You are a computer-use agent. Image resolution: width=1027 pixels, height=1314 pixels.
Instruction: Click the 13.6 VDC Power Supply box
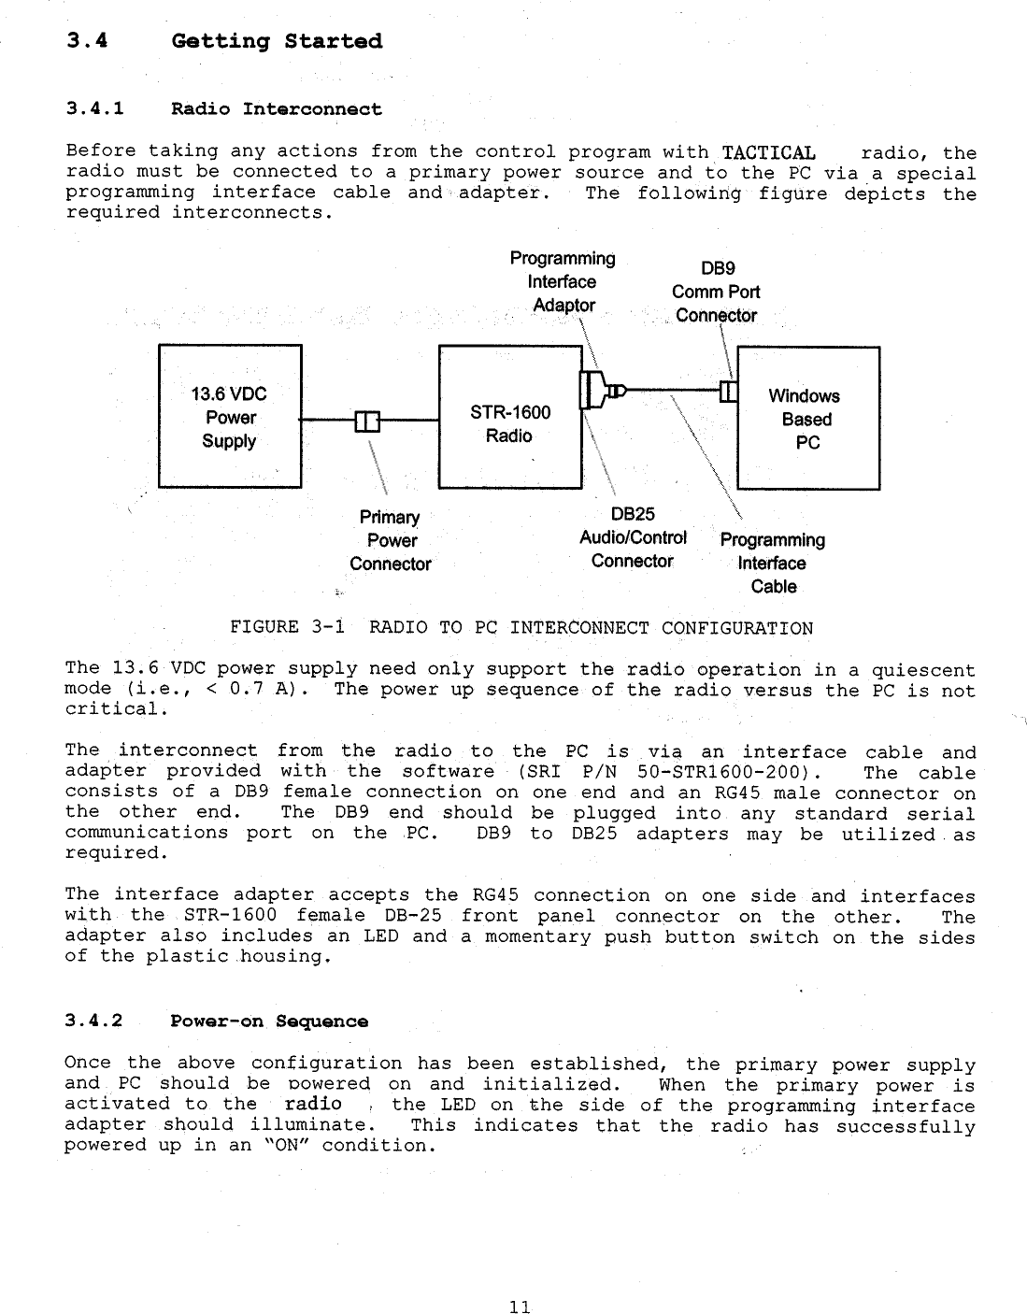[230, 416]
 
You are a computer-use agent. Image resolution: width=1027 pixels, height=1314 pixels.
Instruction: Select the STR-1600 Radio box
[510, 417]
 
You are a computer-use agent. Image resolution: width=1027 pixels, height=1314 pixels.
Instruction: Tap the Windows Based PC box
[808, 418]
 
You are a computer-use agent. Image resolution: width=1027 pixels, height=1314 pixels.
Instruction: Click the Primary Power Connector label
[391, 540]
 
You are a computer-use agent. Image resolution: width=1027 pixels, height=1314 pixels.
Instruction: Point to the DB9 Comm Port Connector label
[716, 292]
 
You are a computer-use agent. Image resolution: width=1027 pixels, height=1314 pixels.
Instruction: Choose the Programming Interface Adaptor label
[562, 281]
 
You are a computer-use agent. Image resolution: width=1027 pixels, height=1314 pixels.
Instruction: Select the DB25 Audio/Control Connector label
[633, 537]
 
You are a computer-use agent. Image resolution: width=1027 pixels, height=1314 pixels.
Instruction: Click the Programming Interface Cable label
[773, 563]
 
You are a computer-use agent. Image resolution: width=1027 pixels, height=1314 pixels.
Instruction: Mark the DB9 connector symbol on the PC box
[730, 391]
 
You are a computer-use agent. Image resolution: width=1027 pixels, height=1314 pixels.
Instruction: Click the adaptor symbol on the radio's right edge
[589, 389]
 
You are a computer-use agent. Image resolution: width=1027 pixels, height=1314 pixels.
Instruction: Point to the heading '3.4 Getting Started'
[224, 41]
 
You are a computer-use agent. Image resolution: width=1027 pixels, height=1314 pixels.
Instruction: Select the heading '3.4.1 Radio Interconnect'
[224, 109]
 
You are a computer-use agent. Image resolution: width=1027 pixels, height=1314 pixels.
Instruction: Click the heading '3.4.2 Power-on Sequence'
[216, 1021]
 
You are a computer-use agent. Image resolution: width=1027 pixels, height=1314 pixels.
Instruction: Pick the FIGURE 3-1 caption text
[521, 627]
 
